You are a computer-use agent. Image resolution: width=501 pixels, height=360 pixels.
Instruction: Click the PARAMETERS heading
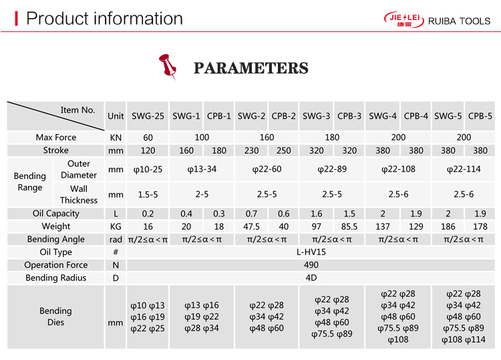click(251, 68)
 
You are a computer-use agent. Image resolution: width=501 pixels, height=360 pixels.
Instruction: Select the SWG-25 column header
click(148, 116)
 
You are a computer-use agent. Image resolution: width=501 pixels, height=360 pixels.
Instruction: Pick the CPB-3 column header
click(349, 116)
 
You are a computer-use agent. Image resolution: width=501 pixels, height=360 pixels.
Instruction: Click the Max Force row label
click(56, 137)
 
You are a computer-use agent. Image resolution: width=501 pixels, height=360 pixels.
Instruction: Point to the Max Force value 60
click(148, 137)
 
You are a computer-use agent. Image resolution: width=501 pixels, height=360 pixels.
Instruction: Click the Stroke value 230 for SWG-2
click(251, 150)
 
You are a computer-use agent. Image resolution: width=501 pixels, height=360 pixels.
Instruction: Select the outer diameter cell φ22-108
click(398, 169)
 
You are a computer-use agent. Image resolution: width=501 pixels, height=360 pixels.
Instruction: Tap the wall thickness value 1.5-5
click(148, 194)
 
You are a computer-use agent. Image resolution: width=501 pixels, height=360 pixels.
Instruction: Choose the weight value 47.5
click(251, 226)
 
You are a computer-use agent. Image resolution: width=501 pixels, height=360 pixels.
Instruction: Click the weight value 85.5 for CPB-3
click(349, 226)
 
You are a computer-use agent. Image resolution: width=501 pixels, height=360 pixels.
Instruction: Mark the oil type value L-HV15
click(311, 252)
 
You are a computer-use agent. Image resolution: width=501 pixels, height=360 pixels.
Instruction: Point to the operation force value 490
click(311, 265)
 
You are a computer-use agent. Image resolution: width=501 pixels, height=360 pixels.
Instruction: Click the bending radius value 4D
click(311, 278)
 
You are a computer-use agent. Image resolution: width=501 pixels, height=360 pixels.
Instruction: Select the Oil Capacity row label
click(56, 214)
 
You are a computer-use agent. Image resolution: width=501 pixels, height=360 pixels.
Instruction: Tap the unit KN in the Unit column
click(116, 137)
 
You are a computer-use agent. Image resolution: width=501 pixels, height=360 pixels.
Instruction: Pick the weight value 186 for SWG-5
click(448, 226)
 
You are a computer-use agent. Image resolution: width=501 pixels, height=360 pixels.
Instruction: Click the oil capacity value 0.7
click(251, 214)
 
